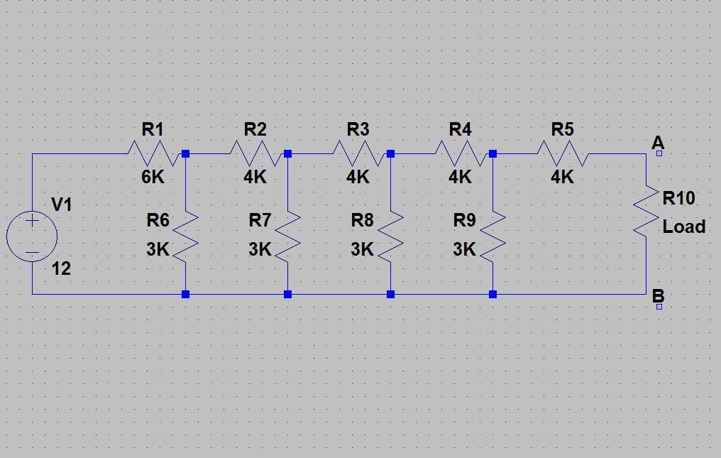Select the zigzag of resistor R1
pyautogui.click(x=153, y=153)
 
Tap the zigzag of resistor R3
pyautogui.click(x=358, y=153)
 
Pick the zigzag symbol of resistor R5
pyautogui.click(x=562, y=153)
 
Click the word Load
pyautogui.click(x=684, y=227)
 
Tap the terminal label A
pyautogui.click(x=657, y=143)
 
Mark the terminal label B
pyautogui.click(x=657, y=296)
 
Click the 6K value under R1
pyautogui.click(x=153, y=177)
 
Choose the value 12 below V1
pyautogui.click(x=61, y=269)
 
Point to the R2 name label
pyautogui.click(x=255, y=129)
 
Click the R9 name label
pyautogui.click(x=464, y=220)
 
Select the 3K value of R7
pyautogui.click(x=260, y=250)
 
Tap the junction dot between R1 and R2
pyautogui.click(x=185, y=153)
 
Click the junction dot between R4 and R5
pyautogui.click(x=492, y=153)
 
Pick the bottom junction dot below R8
pyautogui.click(x=390, y=294)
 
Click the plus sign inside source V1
pyautogui.click(x=32, y=221)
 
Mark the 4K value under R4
pyautogui.click(x=460, y=177)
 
